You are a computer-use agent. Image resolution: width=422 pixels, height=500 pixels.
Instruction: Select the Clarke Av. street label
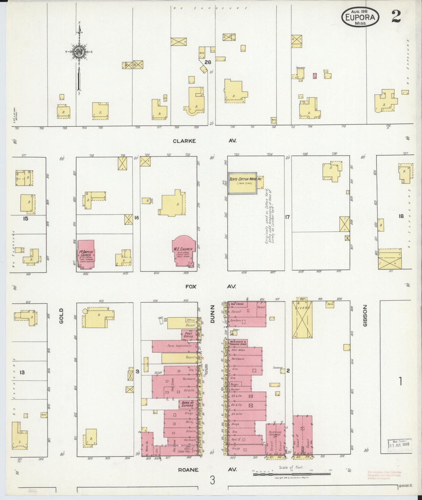click(184, 141)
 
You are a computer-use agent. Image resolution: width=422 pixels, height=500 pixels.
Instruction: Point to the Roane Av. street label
click(188, 470)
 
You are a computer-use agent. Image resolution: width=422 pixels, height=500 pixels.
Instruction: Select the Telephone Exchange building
click(275, 438)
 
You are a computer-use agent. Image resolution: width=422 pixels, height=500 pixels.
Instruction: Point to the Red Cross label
click(237, 304)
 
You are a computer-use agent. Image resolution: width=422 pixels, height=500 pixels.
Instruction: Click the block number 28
click(208, 62)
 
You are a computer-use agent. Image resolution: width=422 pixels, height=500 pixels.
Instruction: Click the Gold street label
click(61, 316)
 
